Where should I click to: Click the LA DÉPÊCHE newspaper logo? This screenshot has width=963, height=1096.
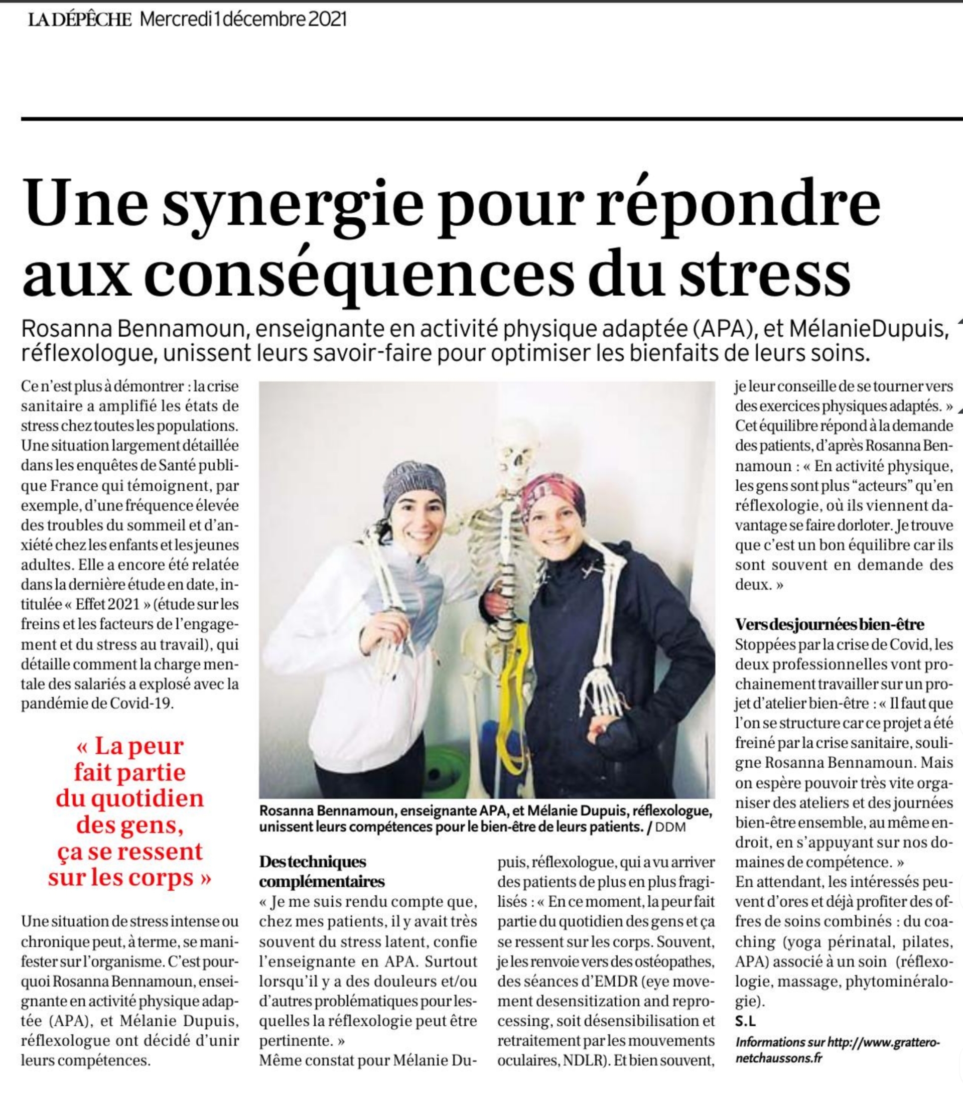(80, 20)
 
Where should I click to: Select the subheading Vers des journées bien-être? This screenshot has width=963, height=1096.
(830, 625)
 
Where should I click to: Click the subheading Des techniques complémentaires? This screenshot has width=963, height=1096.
(321, 871)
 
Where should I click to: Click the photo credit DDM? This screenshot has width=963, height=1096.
(670, 827)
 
